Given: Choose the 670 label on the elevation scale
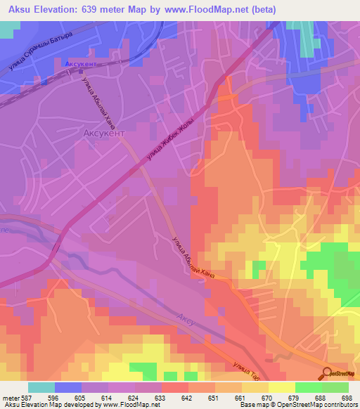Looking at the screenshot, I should click(x=268, y=398).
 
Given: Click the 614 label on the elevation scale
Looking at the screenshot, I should click(x=108, y=398).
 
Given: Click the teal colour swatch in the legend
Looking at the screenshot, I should click(x=41, y=387).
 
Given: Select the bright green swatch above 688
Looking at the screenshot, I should click(x=309, y=387).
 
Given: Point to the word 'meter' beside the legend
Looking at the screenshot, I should click(x=10, y=398).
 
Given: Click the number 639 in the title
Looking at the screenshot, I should click(x=104, y=9).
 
